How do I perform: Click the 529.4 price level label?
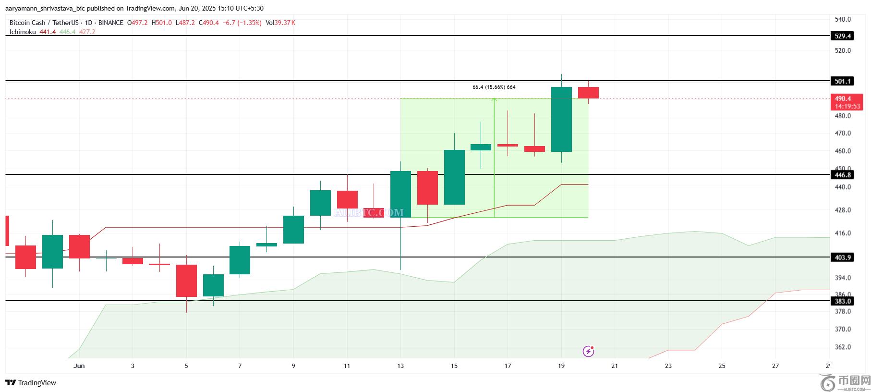pos(843,36)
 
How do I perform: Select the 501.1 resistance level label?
pos(843,81)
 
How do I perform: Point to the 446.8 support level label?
pos(843,175)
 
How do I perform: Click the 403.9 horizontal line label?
pos(843,257)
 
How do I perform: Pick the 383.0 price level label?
pos(843,301)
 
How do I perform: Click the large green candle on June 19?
pos(561,119)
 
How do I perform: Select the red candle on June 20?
pos(588,93)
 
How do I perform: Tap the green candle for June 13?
pos(400,194)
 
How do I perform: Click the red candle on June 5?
pos(186,281)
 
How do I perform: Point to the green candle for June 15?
pos(454,177)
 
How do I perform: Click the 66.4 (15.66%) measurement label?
pos(494,87)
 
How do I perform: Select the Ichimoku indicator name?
pos(23,32)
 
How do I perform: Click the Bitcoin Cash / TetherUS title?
pos(44,23)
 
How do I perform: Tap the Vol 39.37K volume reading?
pos(280,23)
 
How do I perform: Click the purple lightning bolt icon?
pos(588,352)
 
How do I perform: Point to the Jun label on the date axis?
pos(79,366)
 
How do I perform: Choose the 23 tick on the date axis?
pos(668,366)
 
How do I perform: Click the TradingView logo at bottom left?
pos(31,383)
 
